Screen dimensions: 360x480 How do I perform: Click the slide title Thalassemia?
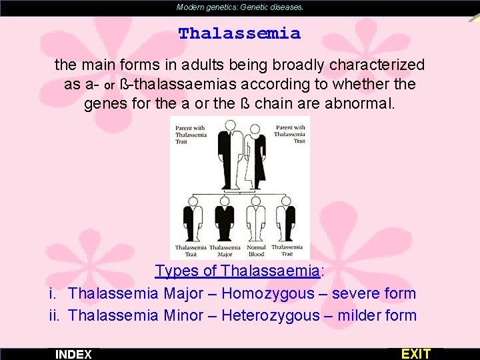[239, 33]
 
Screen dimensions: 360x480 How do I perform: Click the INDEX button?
[73, 354]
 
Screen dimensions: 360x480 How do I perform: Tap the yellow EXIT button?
[415, 354]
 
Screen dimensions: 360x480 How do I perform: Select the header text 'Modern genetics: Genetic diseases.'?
[239, 7]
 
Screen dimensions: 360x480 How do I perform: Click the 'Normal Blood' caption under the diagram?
[257, 251]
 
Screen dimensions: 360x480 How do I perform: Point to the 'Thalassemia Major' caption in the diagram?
[225, 251]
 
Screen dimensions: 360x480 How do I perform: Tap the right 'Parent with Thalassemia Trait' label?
[290, 134]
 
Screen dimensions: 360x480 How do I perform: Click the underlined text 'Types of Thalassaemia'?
[237, 271]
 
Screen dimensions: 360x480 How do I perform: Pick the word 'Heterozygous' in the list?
[275, 315]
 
